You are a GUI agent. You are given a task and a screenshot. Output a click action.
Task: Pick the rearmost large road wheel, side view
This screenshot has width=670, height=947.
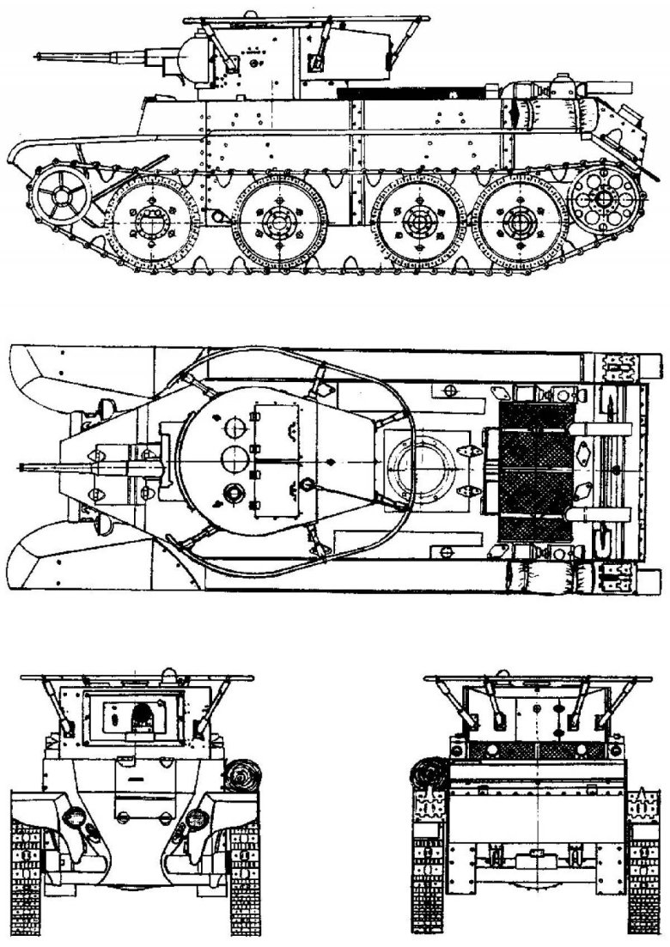pyautogui.click(x=517, y=223)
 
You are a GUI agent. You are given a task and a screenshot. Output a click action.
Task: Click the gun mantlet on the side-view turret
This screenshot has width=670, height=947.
pyautogui.click(x=187, y=56)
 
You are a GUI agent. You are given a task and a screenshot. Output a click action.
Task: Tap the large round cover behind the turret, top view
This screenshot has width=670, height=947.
pyautogui.click(x=418, y=467)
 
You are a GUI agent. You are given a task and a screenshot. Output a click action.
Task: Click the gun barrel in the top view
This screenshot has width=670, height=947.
pyautogui.click(x=77, y=466)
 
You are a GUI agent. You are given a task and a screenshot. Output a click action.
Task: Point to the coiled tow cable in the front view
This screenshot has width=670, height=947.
pyautogui.click(x=240, y=776)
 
